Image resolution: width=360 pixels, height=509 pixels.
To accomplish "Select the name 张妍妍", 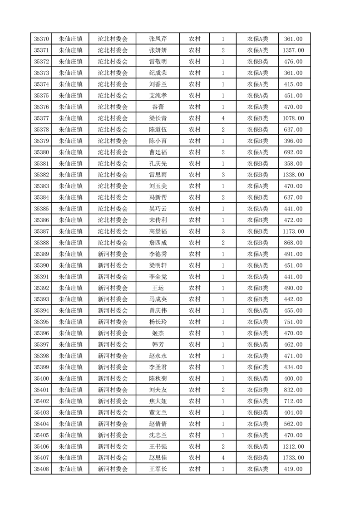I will (158, 50).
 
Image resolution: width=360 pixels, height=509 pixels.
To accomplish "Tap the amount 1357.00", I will (293, 50).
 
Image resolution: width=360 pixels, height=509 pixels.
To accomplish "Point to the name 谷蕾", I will (158, 107).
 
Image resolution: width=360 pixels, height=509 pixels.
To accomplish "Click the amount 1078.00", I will (293, 118).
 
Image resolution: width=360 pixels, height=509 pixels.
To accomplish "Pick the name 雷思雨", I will (158, 175).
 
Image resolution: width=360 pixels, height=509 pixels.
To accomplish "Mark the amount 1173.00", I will (293, 231).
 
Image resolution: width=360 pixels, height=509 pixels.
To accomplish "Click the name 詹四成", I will (158, 243).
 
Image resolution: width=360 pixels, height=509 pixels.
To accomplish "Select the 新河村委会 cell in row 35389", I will (113, 254).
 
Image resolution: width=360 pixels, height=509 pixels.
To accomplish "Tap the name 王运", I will (158, 288).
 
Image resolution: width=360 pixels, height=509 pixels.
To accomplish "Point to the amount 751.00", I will (293, 322).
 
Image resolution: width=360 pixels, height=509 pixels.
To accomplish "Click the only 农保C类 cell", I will (257, 367).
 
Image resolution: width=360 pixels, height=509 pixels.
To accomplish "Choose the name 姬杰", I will (158, 333).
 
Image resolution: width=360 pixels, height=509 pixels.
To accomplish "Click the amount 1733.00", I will (293, 458).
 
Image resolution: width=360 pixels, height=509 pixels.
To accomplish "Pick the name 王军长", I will (158, 469).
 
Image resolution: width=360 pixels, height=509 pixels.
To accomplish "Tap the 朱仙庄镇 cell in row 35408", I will (71, 469).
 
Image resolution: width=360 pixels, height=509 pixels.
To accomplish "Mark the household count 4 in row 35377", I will (223, 118).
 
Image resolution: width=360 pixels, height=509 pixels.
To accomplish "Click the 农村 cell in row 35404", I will (195, 424).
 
